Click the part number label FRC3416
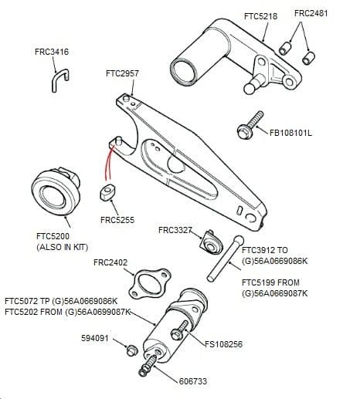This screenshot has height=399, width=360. [x=52, y=52]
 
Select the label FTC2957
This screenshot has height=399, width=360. [x=122, y=73]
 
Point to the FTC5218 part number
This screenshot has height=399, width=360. [x=260, y=16]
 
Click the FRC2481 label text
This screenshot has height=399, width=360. [x=311, y=13]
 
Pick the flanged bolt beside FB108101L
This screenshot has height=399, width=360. [x=250, y=125]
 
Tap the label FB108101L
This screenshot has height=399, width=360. [x=290, y=133]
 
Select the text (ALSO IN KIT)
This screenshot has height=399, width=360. [x=63, y=247]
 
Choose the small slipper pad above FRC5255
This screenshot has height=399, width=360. [x=107, y=192]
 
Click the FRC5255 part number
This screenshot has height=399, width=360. [x=117, y=220]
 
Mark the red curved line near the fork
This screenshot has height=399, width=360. [x=108, y=163]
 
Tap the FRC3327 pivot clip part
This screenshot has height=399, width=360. [x=211, y=243]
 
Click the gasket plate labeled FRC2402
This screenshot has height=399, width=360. [x=149, y=283]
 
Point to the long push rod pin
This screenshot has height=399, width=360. [x=226, y=259]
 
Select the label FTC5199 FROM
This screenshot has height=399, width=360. [x=270, y=282]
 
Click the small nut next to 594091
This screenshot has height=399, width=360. [x=131, y=350]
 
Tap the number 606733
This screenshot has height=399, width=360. [x=193, y=381]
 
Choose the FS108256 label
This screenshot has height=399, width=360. [x=223, y=344]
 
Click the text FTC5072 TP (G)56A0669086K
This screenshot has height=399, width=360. [x=61, y=301]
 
